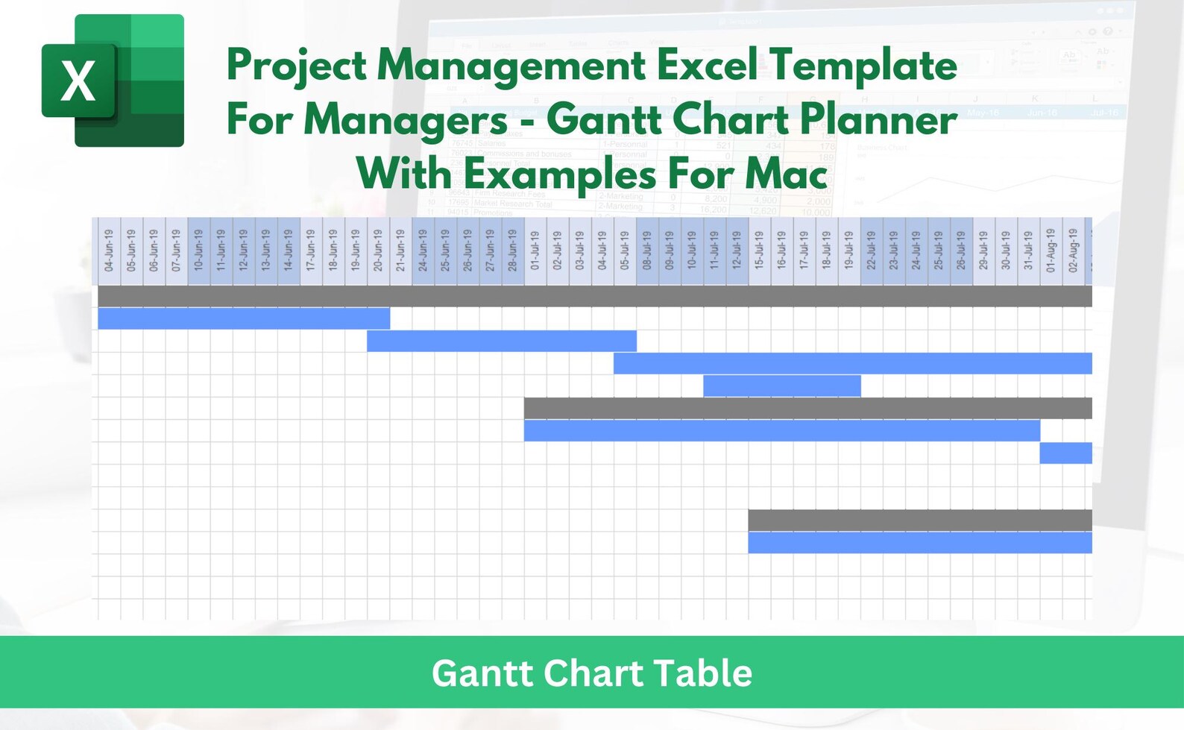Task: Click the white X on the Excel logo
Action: click(x=78, y=81)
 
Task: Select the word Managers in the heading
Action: click(x=406, y=120)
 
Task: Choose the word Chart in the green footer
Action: click(x=593, y=673)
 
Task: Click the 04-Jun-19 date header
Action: click(x=110, y=251)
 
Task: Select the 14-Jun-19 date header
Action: click(x=289, y=251)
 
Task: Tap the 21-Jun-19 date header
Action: click(x=400, y=251)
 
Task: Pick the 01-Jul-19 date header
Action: click(x=535, y=251)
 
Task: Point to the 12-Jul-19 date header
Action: click(x=737, y=251)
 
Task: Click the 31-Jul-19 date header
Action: click(x=1028, y=251)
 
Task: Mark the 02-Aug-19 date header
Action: click(x=1073, y=251)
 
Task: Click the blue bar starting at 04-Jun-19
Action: click(x=244, y=318)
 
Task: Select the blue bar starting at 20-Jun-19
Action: click(x=502, y=341)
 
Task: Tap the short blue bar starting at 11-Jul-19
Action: click(x=781, y=386)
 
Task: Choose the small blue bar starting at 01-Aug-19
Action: click(x=1065, y=453)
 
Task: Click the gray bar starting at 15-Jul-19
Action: click(x=919, y=520)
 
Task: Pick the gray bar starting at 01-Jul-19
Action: click(x=807, y=408)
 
